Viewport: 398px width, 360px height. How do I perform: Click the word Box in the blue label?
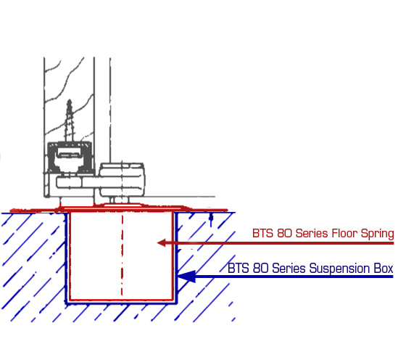point(384,269)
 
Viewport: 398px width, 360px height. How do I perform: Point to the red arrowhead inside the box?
point(162,243)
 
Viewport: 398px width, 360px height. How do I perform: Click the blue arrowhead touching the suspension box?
point(186,276)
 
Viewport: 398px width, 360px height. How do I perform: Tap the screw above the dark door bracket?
point(70,120)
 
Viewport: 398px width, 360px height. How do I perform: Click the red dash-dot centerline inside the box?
point(122,255)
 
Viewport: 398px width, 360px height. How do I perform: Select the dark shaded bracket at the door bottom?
point(70,158)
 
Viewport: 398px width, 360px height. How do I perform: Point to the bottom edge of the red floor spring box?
point(121,300)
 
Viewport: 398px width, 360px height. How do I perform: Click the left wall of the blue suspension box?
point(67,258)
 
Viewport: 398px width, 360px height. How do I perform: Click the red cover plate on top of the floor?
point(119,208)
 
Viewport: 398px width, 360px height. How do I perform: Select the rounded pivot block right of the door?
point(122,179)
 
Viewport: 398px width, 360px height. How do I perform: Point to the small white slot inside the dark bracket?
point(69,154)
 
